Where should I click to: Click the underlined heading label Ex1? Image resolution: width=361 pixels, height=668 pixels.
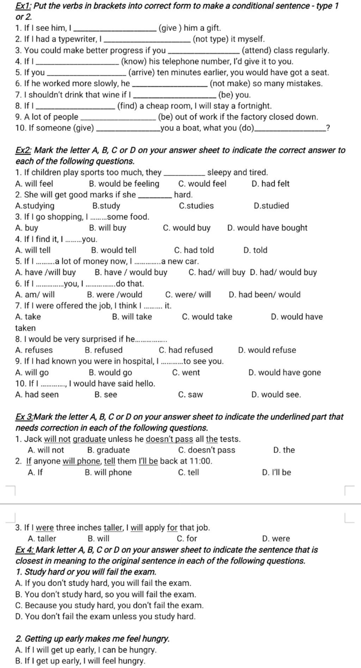point(24,6)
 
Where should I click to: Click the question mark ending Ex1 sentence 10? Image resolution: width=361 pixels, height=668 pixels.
point(328,128)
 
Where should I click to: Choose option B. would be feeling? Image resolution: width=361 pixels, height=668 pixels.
point(124,184)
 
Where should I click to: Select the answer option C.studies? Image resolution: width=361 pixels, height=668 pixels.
point(196,206)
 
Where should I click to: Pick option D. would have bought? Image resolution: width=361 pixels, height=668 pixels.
point(267,228)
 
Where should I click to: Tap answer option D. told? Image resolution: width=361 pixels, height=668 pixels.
point(255,250)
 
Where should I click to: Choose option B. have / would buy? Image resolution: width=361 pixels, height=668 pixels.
point(131,272)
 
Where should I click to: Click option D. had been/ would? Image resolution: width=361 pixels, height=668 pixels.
point(264,295)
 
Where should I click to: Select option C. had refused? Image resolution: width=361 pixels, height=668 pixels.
point(186,350)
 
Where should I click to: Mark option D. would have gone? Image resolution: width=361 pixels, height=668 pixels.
point(284,372)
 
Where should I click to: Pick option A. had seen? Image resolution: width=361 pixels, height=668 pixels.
point(37,395)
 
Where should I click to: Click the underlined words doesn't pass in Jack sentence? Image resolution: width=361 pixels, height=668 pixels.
point(169,439)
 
